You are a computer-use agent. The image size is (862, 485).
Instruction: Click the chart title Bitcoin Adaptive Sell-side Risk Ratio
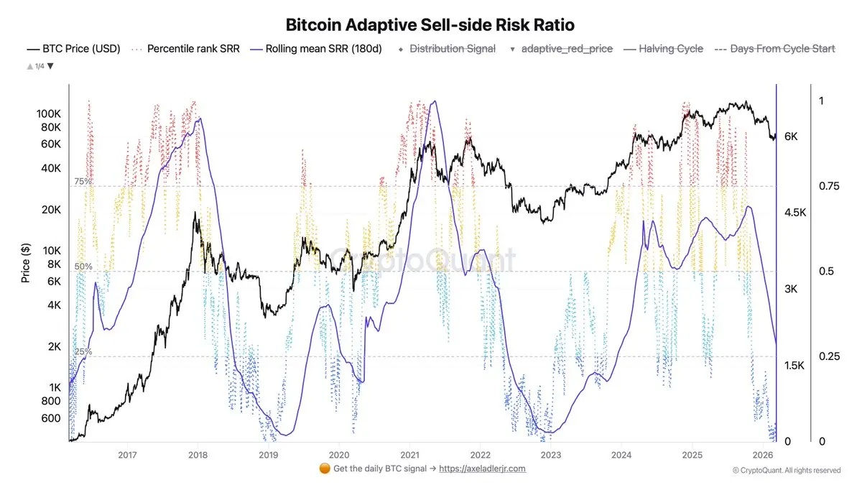pos(430,24)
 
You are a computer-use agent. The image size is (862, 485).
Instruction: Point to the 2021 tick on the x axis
pos(409,454)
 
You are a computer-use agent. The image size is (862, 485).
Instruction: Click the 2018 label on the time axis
pos(198,454)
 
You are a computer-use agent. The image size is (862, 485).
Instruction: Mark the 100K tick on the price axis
pos(49,114)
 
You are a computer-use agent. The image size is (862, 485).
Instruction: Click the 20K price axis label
pos(52,210)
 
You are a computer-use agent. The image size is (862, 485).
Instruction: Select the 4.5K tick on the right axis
pos(796,213)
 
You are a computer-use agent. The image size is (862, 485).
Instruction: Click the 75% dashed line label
pos(83,182)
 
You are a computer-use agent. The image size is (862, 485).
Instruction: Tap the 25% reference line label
pos(83,352)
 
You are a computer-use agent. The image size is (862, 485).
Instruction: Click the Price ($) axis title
pos(26,262)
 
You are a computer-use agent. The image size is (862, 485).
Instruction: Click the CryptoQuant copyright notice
pos(787,471)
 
